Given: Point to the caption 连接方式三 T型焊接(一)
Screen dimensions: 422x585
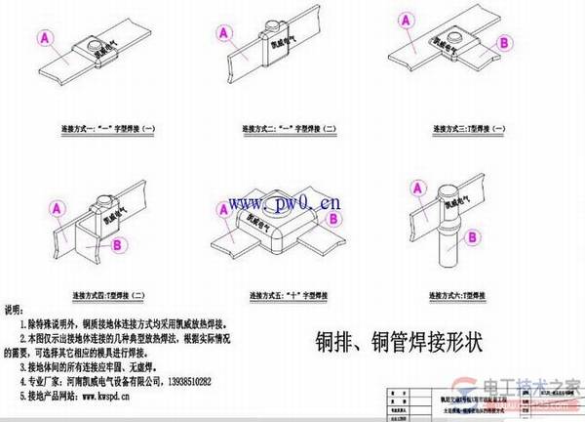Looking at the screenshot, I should (x=474, y=128).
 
